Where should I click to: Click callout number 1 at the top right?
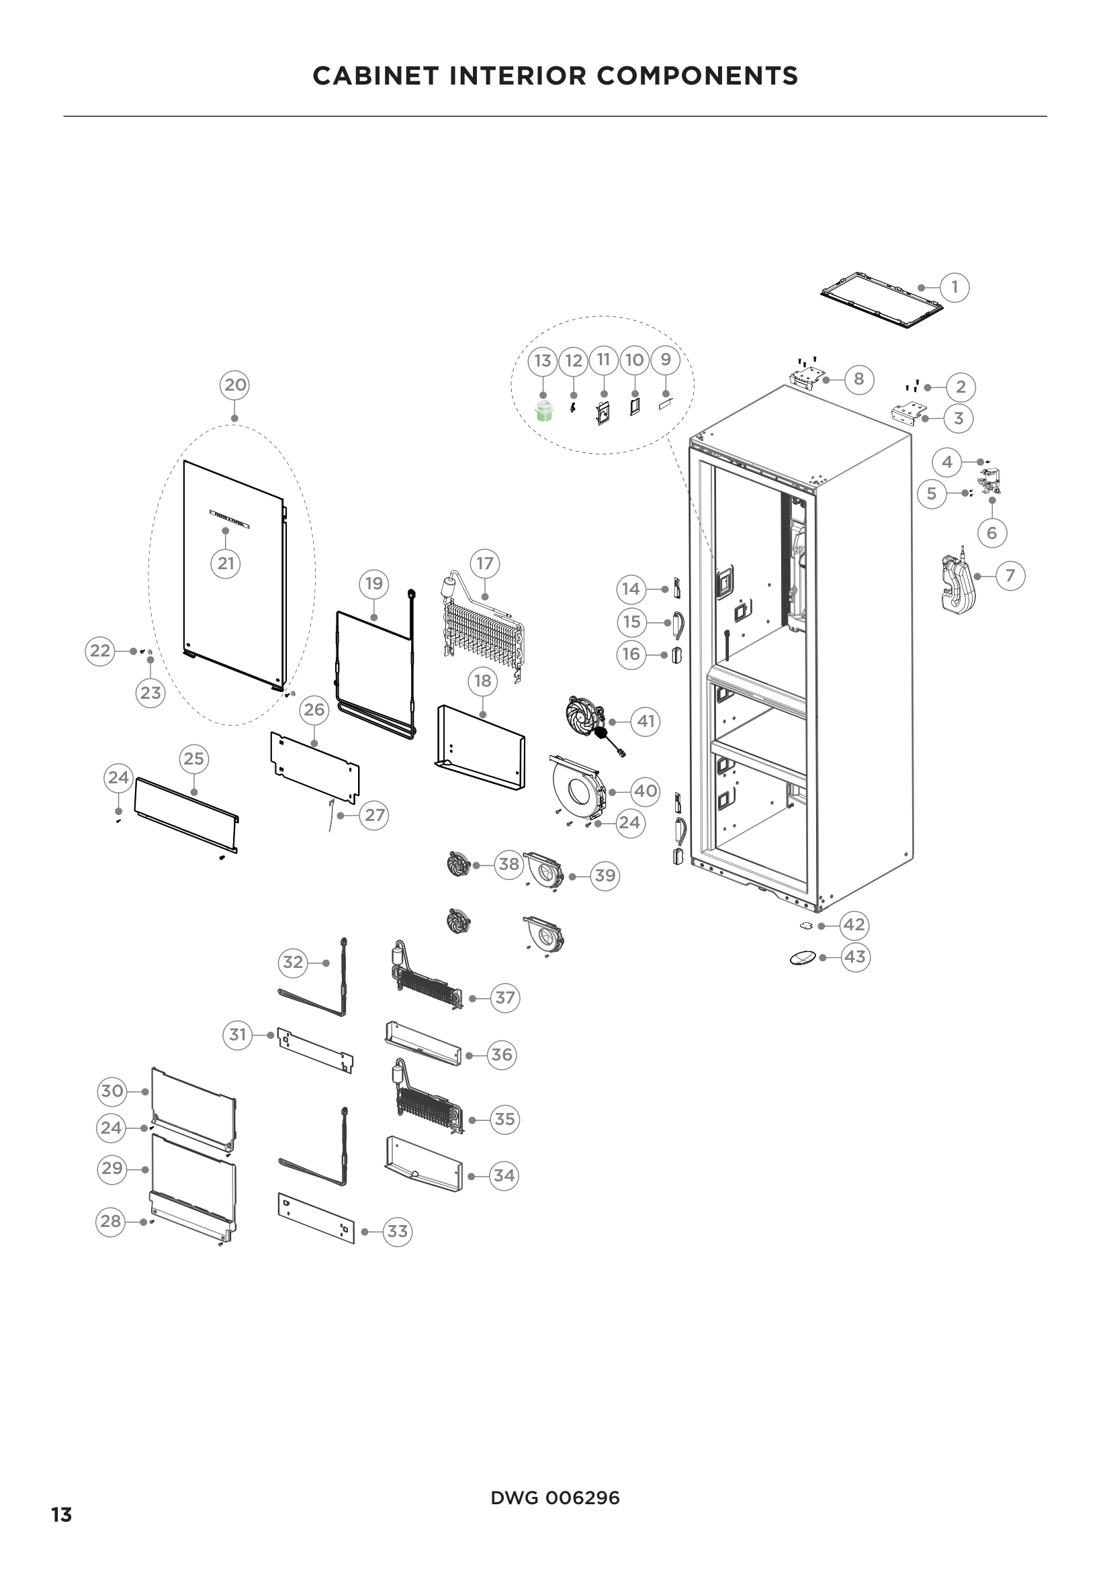tap(954, 287)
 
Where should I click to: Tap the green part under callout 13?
tap(543, 413)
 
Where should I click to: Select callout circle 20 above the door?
tap(234, 385)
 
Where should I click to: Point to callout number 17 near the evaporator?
tap(484, 563)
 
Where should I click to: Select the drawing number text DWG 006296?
tap(555, 1498)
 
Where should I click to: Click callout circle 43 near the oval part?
tap(855, 956)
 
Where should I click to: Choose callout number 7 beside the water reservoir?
tap(1010, 576)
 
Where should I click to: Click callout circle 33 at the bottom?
tap(398, 1232)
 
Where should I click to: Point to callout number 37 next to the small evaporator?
tap(505, 997)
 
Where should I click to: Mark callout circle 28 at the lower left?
tap(111, 1221)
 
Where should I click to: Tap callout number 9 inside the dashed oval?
tap(665, 360)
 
